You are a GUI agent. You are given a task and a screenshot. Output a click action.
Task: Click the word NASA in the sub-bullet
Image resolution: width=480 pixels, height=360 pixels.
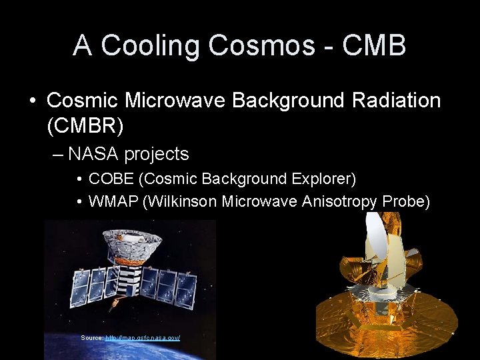click(93, 154)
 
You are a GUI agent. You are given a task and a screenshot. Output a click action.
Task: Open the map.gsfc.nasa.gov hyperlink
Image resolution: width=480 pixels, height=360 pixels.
click(143, 338)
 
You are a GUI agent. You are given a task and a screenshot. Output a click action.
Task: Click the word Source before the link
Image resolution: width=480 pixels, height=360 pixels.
click(91, 338)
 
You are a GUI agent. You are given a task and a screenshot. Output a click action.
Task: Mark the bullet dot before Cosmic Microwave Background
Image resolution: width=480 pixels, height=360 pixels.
click(33, 101)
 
